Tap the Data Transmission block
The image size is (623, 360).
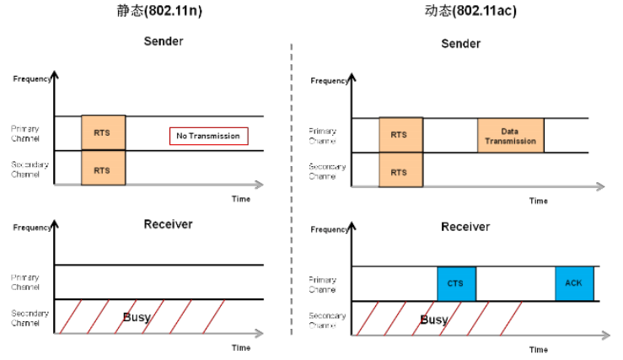[511, 136]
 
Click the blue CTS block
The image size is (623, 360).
[456, 284]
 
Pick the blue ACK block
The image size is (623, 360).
[575, 284]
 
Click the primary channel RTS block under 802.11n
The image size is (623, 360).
[103, 133]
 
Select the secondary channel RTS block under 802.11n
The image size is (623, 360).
[103, 169]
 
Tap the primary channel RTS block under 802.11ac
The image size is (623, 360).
[400, 135]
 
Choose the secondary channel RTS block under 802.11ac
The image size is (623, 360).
[400, 171]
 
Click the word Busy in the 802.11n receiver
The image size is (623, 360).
[137, 317]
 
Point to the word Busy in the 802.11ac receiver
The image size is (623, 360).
[434, 320]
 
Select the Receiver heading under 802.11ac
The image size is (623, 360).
[465, 227]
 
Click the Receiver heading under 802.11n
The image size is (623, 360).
[168, 223]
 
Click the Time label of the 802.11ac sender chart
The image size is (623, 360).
[539, 201]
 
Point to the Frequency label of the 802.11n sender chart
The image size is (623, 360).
[33, 78]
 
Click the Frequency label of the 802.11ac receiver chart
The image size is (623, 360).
[330, 229]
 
